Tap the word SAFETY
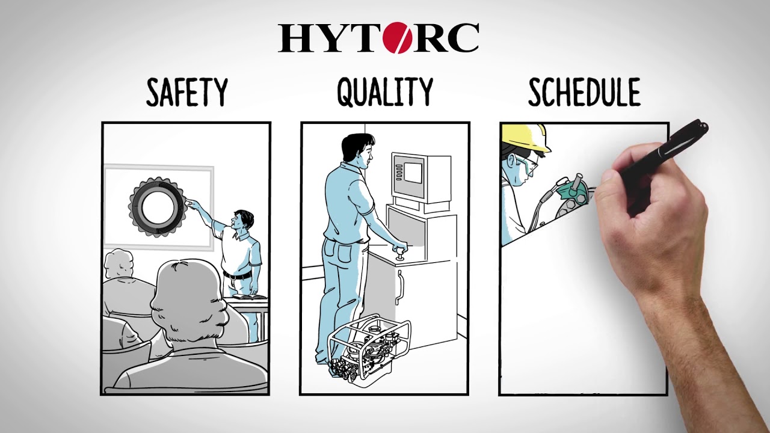pyautogui.click(x=187, y=92)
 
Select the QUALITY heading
pyautogui.click(x=385, y=91)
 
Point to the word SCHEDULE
pyautogui.click(x=584, y=92)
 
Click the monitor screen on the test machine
pyautogui.click(x=413, y=173)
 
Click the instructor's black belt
pyautogui.click(x=238, y=275)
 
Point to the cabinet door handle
pyautogui.click(x=399, y=287)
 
